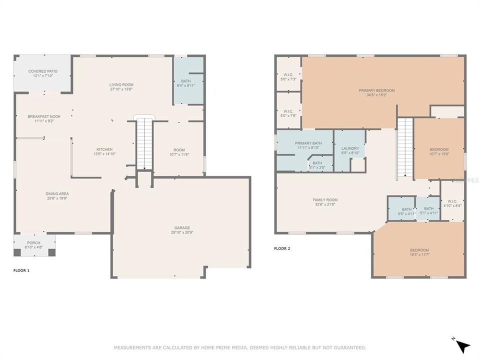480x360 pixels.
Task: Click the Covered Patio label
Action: (x=43, y=71)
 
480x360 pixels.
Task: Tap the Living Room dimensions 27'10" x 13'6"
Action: (x=121, y=90)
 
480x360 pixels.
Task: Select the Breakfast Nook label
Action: (x=44, y=116)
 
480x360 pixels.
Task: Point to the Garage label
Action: (x=182, y=228)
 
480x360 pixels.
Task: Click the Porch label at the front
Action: (x=34, y=242)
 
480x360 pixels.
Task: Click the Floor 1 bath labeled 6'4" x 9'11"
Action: (x=186, y=83)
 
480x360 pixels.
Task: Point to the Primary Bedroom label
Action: (x=376, y=90)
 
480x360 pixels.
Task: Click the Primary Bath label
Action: (x=308, y=143)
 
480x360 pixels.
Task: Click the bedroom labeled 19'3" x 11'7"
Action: (x=419, y=252)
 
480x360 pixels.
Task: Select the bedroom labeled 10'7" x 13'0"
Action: (x=439, y=151)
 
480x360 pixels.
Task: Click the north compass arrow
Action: (x=463, y=345)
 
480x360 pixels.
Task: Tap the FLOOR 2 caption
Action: (x=282, y=248)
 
